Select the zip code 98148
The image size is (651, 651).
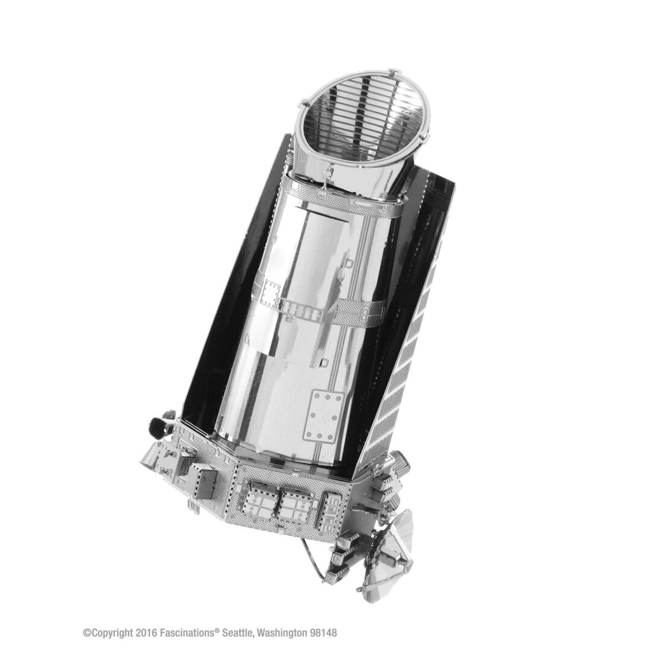324,633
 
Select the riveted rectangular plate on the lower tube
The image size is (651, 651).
322,416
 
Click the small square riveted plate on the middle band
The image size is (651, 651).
270,294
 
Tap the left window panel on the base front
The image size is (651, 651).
259,501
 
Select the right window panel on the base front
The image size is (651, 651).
297,505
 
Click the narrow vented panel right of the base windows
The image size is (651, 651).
332,509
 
